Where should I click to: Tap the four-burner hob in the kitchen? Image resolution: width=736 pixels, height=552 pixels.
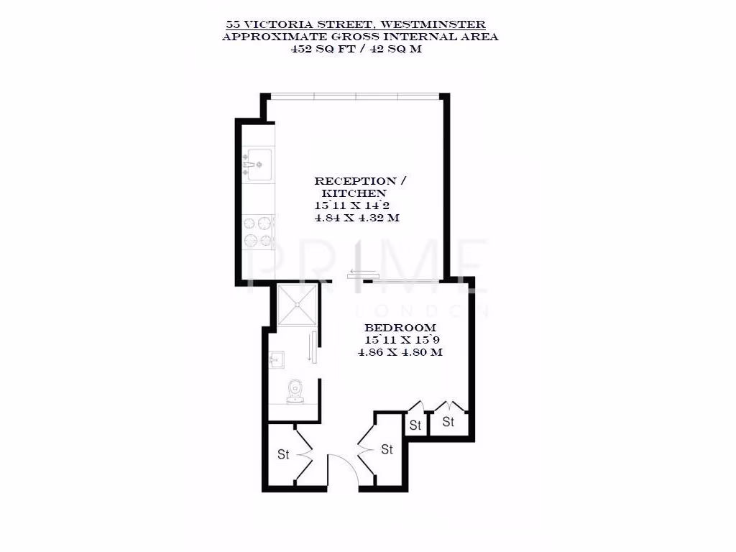[259, 231]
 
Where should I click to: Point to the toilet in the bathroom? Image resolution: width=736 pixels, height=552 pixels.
[294, 389]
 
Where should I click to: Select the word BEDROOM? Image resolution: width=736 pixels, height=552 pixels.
[390, 328]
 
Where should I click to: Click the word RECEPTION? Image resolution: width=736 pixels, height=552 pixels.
[355, 181]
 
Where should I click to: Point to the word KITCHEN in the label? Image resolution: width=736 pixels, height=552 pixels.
[354, 193]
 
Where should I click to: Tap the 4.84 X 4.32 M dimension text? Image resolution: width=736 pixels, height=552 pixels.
[356, 218]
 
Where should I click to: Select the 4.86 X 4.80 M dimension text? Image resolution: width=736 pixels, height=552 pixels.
[400, 353]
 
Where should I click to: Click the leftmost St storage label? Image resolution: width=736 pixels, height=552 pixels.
[283, 454]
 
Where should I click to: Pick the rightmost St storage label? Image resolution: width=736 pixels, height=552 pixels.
[448, 422]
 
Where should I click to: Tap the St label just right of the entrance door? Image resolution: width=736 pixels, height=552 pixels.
[387, 450]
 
